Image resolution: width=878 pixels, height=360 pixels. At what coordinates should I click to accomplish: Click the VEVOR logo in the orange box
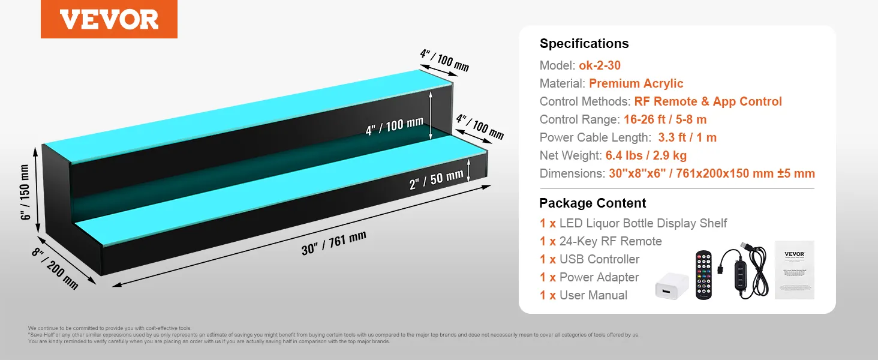coord(109,19)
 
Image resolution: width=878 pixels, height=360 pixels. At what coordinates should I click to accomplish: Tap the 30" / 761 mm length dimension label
coord(333,243)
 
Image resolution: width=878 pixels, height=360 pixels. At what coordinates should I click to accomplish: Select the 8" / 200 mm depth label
coord(55,269)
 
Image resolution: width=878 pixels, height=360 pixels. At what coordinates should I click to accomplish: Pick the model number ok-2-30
coord(600,65)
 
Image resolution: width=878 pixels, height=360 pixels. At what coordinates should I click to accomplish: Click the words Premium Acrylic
coord(636,83)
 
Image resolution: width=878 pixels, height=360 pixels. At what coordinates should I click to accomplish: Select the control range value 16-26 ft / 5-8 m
coord(664,119)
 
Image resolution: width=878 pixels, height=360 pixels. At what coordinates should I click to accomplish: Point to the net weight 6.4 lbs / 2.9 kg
coord(646,155)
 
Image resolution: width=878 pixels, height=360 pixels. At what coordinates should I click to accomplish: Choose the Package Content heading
coord(593,203)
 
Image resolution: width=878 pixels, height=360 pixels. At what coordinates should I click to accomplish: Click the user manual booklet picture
coord(794,269)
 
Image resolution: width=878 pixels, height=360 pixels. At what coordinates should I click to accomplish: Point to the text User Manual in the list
coord(593,295)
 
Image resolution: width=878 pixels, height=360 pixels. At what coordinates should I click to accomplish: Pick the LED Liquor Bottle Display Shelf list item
coord(643,223)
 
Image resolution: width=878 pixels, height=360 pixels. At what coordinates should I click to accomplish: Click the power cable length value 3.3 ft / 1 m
coord(687,137)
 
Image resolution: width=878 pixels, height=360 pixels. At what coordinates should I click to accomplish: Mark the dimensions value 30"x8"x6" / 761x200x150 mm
coord(711,173)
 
